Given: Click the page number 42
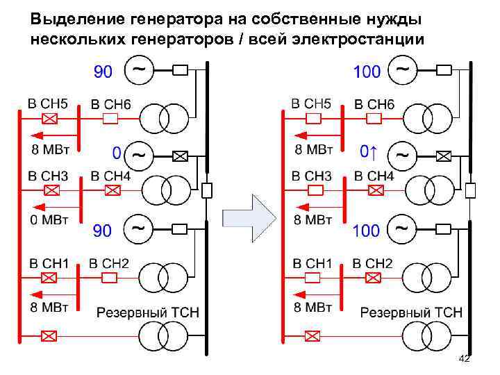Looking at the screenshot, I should (465, 358).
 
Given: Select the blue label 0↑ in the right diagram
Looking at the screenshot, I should (369, 151).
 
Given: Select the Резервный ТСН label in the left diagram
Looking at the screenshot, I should (147, 312).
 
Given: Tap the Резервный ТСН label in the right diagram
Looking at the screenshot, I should (411, 312).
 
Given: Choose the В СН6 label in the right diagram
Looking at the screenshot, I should (374, 104).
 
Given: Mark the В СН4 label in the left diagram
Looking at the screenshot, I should (110, 176).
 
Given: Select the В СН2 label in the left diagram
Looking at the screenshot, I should (110, 263).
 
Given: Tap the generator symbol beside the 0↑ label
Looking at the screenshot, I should (401, 153).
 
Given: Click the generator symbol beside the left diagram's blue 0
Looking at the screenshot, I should (137, 153).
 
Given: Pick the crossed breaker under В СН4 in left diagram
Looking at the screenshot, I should (111, 190).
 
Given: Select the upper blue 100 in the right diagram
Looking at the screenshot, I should (367, 72).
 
